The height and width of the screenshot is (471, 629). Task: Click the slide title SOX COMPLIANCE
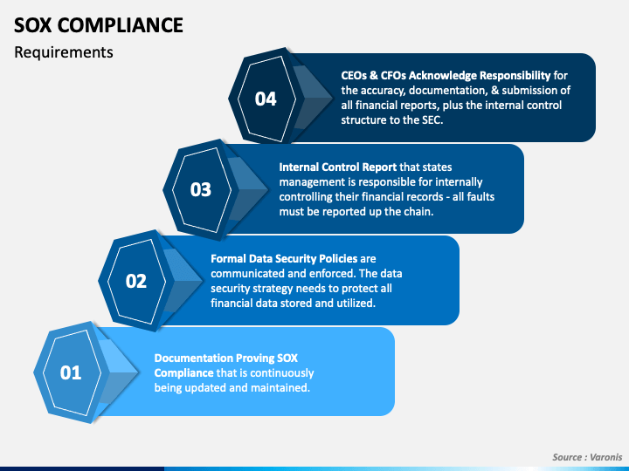pyautogui.click(x=99, y=24)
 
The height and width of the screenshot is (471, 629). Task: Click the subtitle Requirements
pyautogui.click(x=64, y=52)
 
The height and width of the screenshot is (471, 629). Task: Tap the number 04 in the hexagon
pyautogui.click(x=266, y=99)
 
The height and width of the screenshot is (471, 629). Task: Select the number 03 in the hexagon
pyautogui.click(x=201, y=189)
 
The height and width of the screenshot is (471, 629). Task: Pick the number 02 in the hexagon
pyautogui.click(x=136, y=281)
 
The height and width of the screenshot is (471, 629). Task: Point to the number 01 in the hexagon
pyautogui.click(x=71, y=372)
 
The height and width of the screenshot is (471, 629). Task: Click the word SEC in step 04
pyautogui.click(x=430, y=120)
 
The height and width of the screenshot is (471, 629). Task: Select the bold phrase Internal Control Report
pyautogui.click(x=338, y=166)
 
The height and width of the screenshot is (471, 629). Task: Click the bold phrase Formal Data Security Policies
pyautogui.click(x=284, y=258)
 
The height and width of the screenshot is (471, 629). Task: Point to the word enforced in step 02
pyautogui.click(x=308, y=273)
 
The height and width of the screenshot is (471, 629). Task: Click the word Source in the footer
pyautogui.click(x=569, y=457)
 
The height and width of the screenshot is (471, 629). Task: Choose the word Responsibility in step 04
pyautogui.click(x=508, y=75)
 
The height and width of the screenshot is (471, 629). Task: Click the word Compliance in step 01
pyautogui.click(x=183, y=372)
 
